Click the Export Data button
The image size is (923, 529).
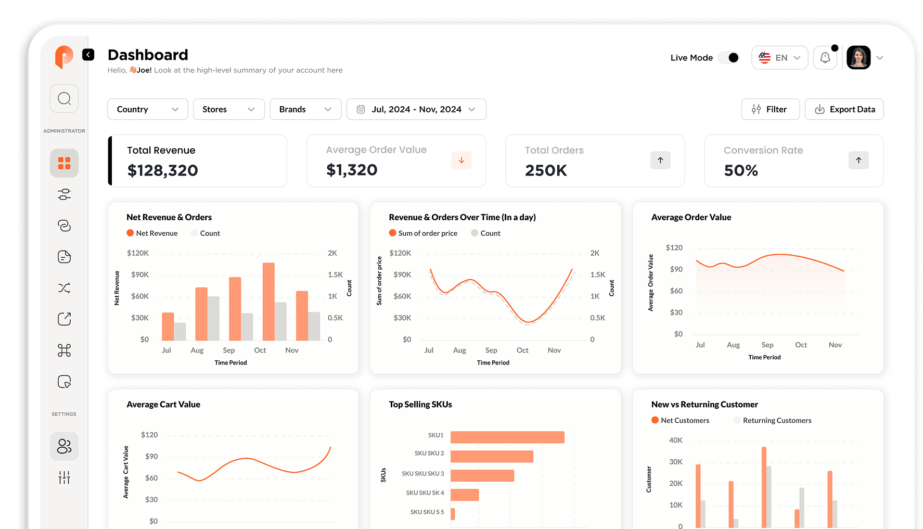pos(844,109)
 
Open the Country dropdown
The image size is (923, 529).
pos(147,109)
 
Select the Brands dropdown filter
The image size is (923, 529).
pos(305,109)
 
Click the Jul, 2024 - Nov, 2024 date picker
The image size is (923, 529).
pos(416,109)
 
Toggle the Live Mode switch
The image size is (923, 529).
pos(728,58)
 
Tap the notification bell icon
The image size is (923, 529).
pos(825,58)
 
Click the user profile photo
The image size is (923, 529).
pos(858,58)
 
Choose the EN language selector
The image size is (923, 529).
pos(779,58)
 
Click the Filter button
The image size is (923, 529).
pos(770,109)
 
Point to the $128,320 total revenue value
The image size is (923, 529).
pos(163,170)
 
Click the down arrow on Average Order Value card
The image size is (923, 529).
pos(461,160)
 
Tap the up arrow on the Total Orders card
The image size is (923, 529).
pos(660,160)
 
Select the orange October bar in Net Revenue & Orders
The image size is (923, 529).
pos(268,301)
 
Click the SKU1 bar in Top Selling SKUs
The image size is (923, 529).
pos(507,437)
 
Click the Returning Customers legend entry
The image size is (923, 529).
pos(776,421)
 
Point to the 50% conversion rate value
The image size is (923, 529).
pos(741,170)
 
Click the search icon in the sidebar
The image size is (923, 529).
pos(65,98)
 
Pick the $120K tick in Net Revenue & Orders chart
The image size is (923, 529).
pos(138,253)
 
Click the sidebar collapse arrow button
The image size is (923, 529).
pos(88,55)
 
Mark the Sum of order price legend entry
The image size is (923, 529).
pos(427,233)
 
